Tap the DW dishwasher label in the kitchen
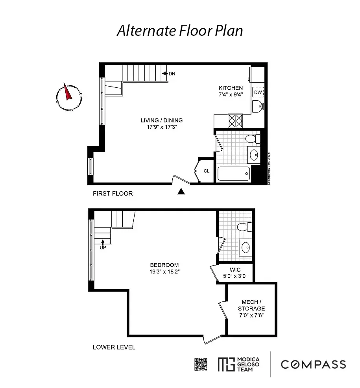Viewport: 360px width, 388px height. (x=258, y=92)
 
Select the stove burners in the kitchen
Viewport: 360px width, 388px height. (x=235, y=120)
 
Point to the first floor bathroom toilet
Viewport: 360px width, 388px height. (x=252, y=139)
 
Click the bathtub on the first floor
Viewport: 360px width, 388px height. (x=233, y=174)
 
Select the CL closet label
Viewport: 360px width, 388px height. (x=207, y=171)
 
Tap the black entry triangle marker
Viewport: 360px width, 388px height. (x=181, y=192)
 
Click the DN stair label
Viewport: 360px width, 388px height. (x=172, y=74)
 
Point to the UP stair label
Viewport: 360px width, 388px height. (x=103, y=248)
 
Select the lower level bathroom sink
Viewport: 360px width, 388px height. (x=246, y=248)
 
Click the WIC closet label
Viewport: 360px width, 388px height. (x=235, y=270)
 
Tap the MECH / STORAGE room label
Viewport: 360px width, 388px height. (x=251, y=305)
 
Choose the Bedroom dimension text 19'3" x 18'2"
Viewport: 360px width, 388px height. (x=164, y=272)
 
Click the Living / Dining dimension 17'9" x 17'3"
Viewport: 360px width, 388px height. (x=162, y=127)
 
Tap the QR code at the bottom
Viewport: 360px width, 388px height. (x=201, y=364)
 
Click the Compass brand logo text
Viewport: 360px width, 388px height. (x=313, y=364)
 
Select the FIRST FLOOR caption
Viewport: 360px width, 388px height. (x=113, y=194)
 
